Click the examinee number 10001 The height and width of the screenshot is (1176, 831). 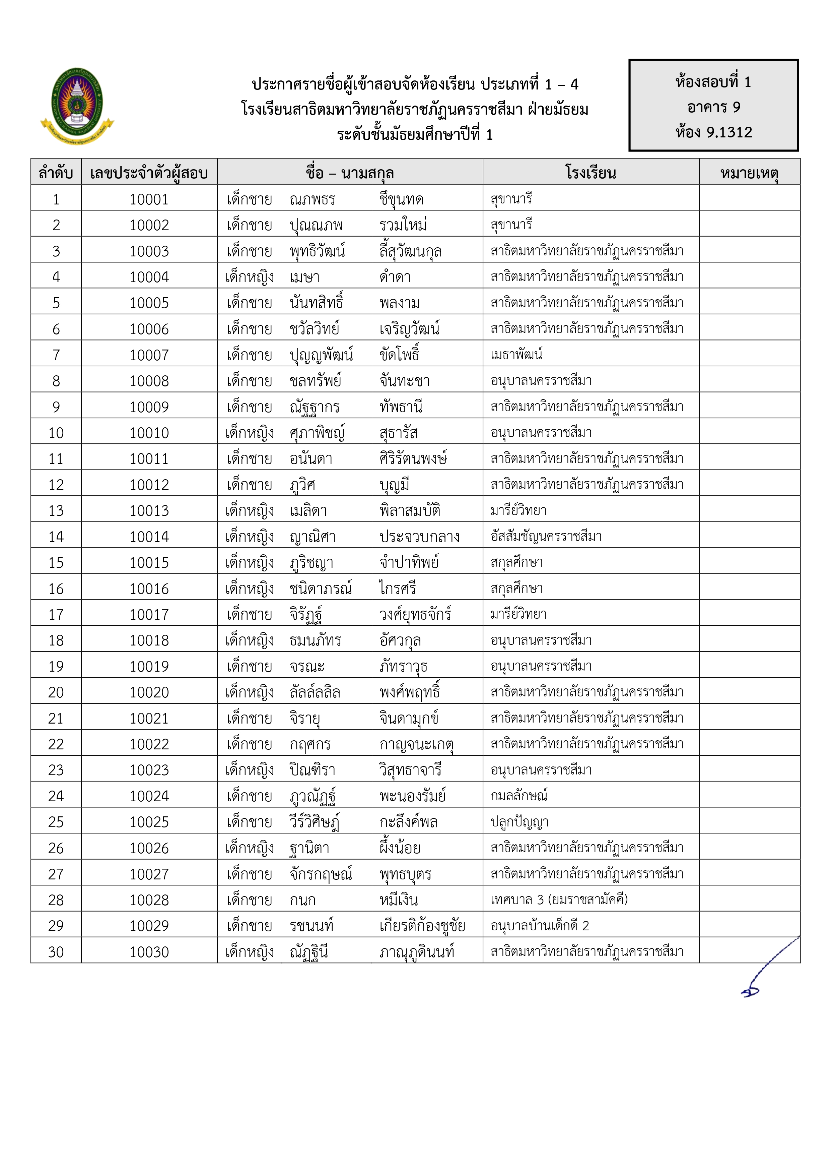149,199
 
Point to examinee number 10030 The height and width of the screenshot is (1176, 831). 149,952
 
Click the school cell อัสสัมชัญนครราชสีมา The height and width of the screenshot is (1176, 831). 546,536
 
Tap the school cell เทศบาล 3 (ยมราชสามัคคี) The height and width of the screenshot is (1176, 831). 559,900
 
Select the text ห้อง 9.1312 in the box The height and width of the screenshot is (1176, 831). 714,132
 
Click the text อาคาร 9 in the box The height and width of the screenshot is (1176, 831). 714,107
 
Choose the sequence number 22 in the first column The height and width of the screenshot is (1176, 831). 56,744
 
